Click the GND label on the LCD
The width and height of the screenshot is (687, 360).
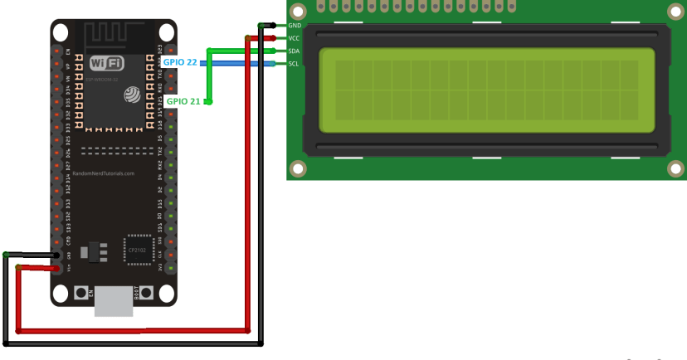coord(294,26)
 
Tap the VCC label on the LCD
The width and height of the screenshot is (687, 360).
coord(294,38)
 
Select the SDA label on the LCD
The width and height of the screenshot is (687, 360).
coord(294,51)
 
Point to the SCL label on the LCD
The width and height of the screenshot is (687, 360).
coord(294,64)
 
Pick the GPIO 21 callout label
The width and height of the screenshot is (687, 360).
coord(183,101)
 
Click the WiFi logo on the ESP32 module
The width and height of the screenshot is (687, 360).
coord(107,64)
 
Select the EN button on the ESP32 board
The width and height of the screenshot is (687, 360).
coord(81,293)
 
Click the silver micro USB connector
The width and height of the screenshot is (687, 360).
coord(114,300)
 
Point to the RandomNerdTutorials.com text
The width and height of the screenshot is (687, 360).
coord(105,173)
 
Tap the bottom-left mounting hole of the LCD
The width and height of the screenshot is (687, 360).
coord(298,169)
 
